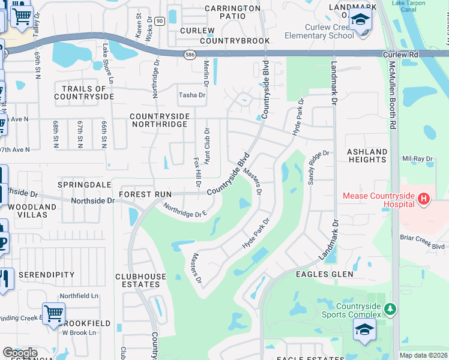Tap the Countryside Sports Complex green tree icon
coord(391,309)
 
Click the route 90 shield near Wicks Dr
coord(159,20)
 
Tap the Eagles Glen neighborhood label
coord(321,274)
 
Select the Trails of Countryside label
coord(84,92)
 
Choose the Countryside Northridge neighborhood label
coord(160,120)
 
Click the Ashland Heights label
coord(367,156)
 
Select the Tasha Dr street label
coord(192,95)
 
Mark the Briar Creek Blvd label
coord(422,242)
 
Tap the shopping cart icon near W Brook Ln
coord(53,313)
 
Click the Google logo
coord(19,353)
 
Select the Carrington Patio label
coord(233,12)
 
